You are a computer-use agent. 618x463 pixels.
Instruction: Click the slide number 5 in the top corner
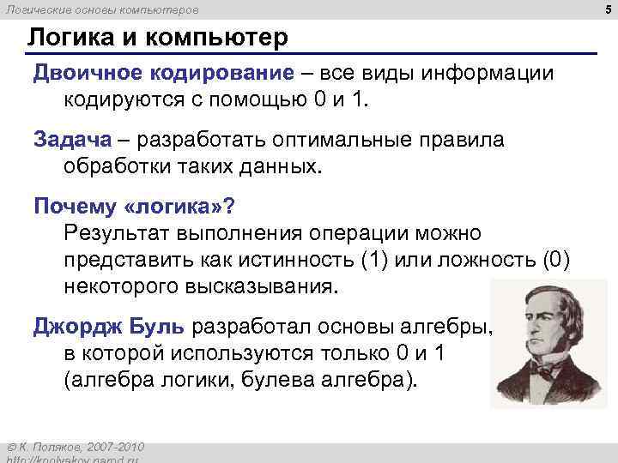[609, 9]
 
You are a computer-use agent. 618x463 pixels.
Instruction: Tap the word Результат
[118, 232]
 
